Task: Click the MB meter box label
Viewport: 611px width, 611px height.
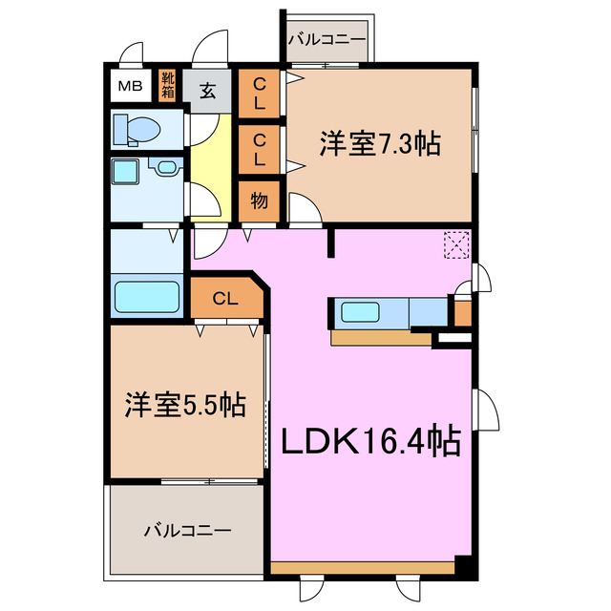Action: (130, 87)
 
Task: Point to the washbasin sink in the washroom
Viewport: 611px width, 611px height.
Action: (168, 168)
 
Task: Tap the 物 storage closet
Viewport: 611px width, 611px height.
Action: (258, 201)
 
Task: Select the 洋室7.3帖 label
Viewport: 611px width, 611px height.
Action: (379, 144)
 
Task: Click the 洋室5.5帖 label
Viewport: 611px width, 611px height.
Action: (184, 406)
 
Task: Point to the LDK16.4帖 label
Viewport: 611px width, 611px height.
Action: (370, 441)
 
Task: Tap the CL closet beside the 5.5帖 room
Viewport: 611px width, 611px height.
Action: (225, 299)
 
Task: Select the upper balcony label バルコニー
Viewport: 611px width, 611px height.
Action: (327, 41)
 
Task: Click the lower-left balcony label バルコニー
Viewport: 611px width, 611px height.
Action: (187, 529)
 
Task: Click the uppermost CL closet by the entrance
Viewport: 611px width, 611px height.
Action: (259, 94)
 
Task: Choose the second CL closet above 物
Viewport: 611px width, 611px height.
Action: (259, 150)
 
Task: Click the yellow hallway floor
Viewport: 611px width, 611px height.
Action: (210, 162)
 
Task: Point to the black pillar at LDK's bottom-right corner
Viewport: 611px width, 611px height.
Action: (463, 564)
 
